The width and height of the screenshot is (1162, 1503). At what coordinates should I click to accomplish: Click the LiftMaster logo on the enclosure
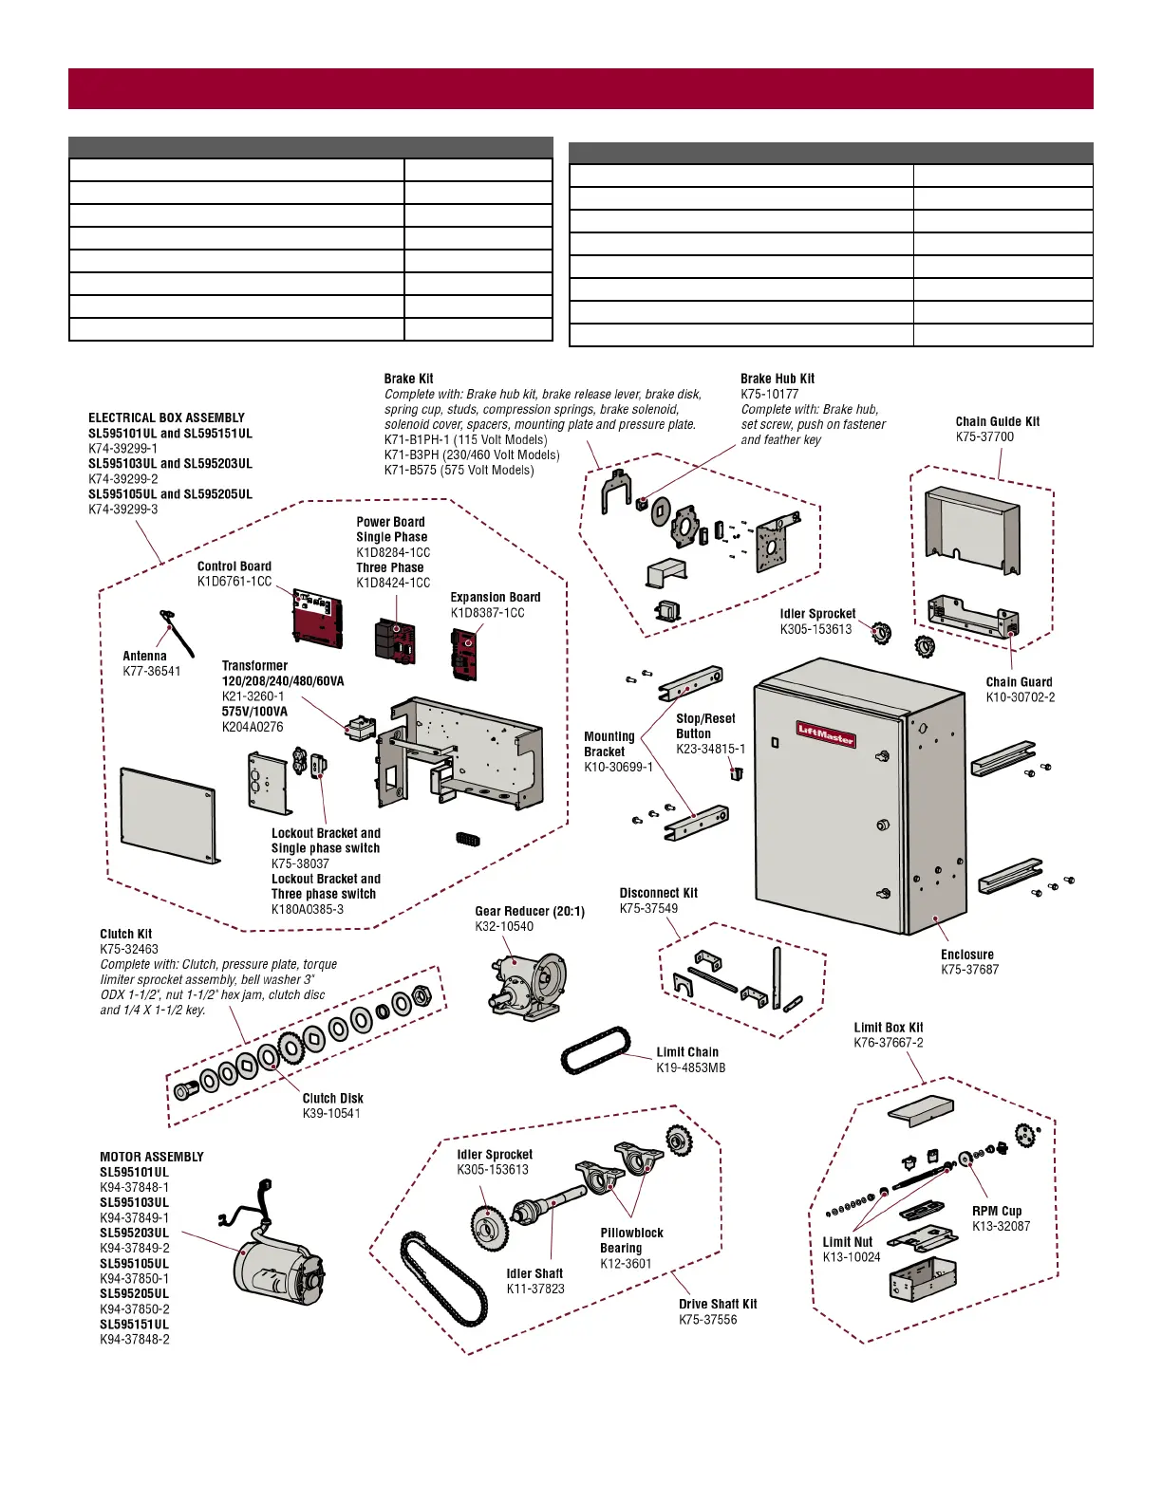click(x=825, y=733)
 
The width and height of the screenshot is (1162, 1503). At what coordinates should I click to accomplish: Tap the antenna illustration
click(x=177, y=632)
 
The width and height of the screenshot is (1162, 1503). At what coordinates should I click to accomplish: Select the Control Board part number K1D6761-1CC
click(x=234, y=582)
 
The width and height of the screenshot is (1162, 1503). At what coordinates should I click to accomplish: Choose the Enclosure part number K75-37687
click(x=969, y=970)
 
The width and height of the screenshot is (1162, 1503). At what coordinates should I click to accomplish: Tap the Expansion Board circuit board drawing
click(x=464, y=654)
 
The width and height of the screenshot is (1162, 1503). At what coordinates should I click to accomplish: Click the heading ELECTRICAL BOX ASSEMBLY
click(x=166, y=417)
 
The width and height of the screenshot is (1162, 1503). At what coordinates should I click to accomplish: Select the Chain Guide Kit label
click(x=997, y=421)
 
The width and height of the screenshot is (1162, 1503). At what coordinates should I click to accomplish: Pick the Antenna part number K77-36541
click(x=151, y=671)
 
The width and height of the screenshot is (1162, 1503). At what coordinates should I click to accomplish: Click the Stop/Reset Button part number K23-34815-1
click(x=710, y=749)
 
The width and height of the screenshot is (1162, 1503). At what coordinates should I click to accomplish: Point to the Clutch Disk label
click(x=332, y=1098)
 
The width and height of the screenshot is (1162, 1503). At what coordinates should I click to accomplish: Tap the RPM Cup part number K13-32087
click(x=1001, y=1226)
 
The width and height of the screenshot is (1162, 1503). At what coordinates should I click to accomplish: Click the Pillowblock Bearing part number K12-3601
click(x=626, y=1263)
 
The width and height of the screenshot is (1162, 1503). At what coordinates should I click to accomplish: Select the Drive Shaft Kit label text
click(x=717, y=1304)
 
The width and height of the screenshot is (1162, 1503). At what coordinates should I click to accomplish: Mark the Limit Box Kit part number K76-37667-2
click(x=888, y=1042)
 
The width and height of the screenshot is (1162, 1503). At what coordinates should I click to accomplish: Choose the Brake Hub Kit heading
click(x=777, y=379)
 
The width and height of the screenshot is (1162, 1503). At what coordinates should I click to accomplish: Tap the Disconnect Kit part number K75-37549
click(x=648, y=908)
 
